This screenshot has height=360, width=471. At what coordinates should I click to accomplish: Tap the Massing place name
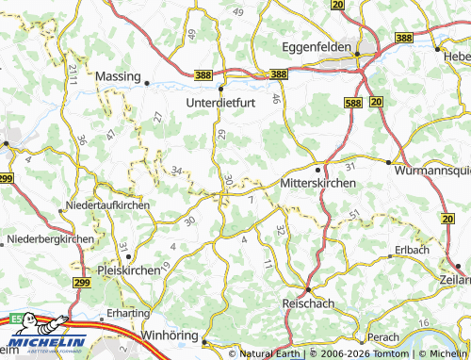pos(118,75)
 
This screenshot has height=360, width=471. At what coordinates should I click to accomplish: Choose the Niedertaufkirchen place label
pos(108,205)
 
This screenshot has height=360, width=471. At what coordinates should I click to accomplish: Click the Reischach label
pos(308,304)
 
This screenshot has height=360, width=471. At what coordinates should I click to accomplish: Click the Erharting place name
pos(127,312)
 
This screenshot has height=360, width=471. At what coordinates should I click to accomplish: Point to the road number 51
pos(353,217)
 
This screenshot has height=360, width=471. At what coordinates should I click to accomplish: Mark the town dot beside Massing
pos(147,83)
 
